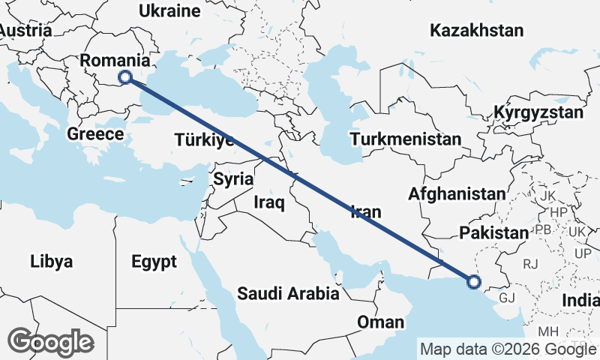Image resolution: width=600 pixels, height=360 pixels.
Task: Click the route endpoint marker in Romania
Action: [125, 76]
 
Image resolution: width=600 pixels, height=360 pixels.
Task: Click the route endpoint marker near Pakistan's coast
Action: [473, 282]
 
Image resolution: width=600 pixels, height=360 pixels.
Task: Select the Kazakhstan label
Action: [476, 31]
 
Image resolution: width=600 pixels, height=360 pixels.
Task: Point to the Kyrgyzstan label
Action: [538, 113]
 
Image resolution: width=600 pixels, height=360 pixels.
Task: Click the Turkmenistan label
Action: [405, 139]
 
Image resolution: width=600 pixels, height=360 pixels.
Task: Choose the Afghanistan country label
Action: [457, 193]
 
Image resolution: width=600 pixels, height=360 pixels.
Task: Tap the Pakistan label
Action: [494, 232]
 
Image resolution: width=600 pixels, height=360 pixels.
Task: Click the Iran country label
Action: [366, 212]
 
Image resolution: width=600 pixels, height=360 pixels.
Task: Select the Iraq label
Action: [269, 202]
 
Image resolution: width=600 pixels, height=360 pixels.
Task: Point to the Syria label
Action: [229, 178]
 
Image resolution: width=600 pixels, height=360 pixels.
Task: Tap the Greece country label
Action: [94, 134]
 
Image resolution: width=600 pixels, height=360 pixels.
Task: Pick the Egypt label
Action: [154, 262]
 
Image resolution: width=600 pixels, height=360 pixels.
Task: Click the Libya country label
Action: [52, 262]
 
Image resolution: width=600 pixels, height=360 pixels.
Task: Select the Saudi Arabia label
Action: [288, 293]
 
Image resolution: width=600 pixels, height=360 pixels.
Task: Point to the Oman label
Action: [381, 322]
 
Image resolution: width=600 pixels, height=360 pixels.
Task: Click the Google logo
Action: [50, 342]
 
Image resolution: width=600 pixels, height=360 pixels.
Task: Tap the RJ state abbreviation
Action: [531, 263]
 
